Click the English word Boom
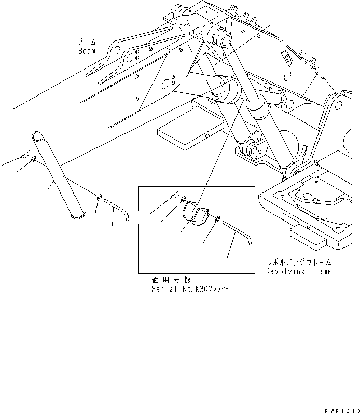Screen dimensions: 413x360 [x=87, y=51]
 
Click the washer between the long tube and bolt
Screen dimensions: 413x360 [x=98, y=197]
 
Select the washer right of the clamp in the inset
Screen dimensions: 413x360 [x=218, y=217]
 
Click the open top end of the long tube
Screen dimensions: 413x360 [x=38, y=136]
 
